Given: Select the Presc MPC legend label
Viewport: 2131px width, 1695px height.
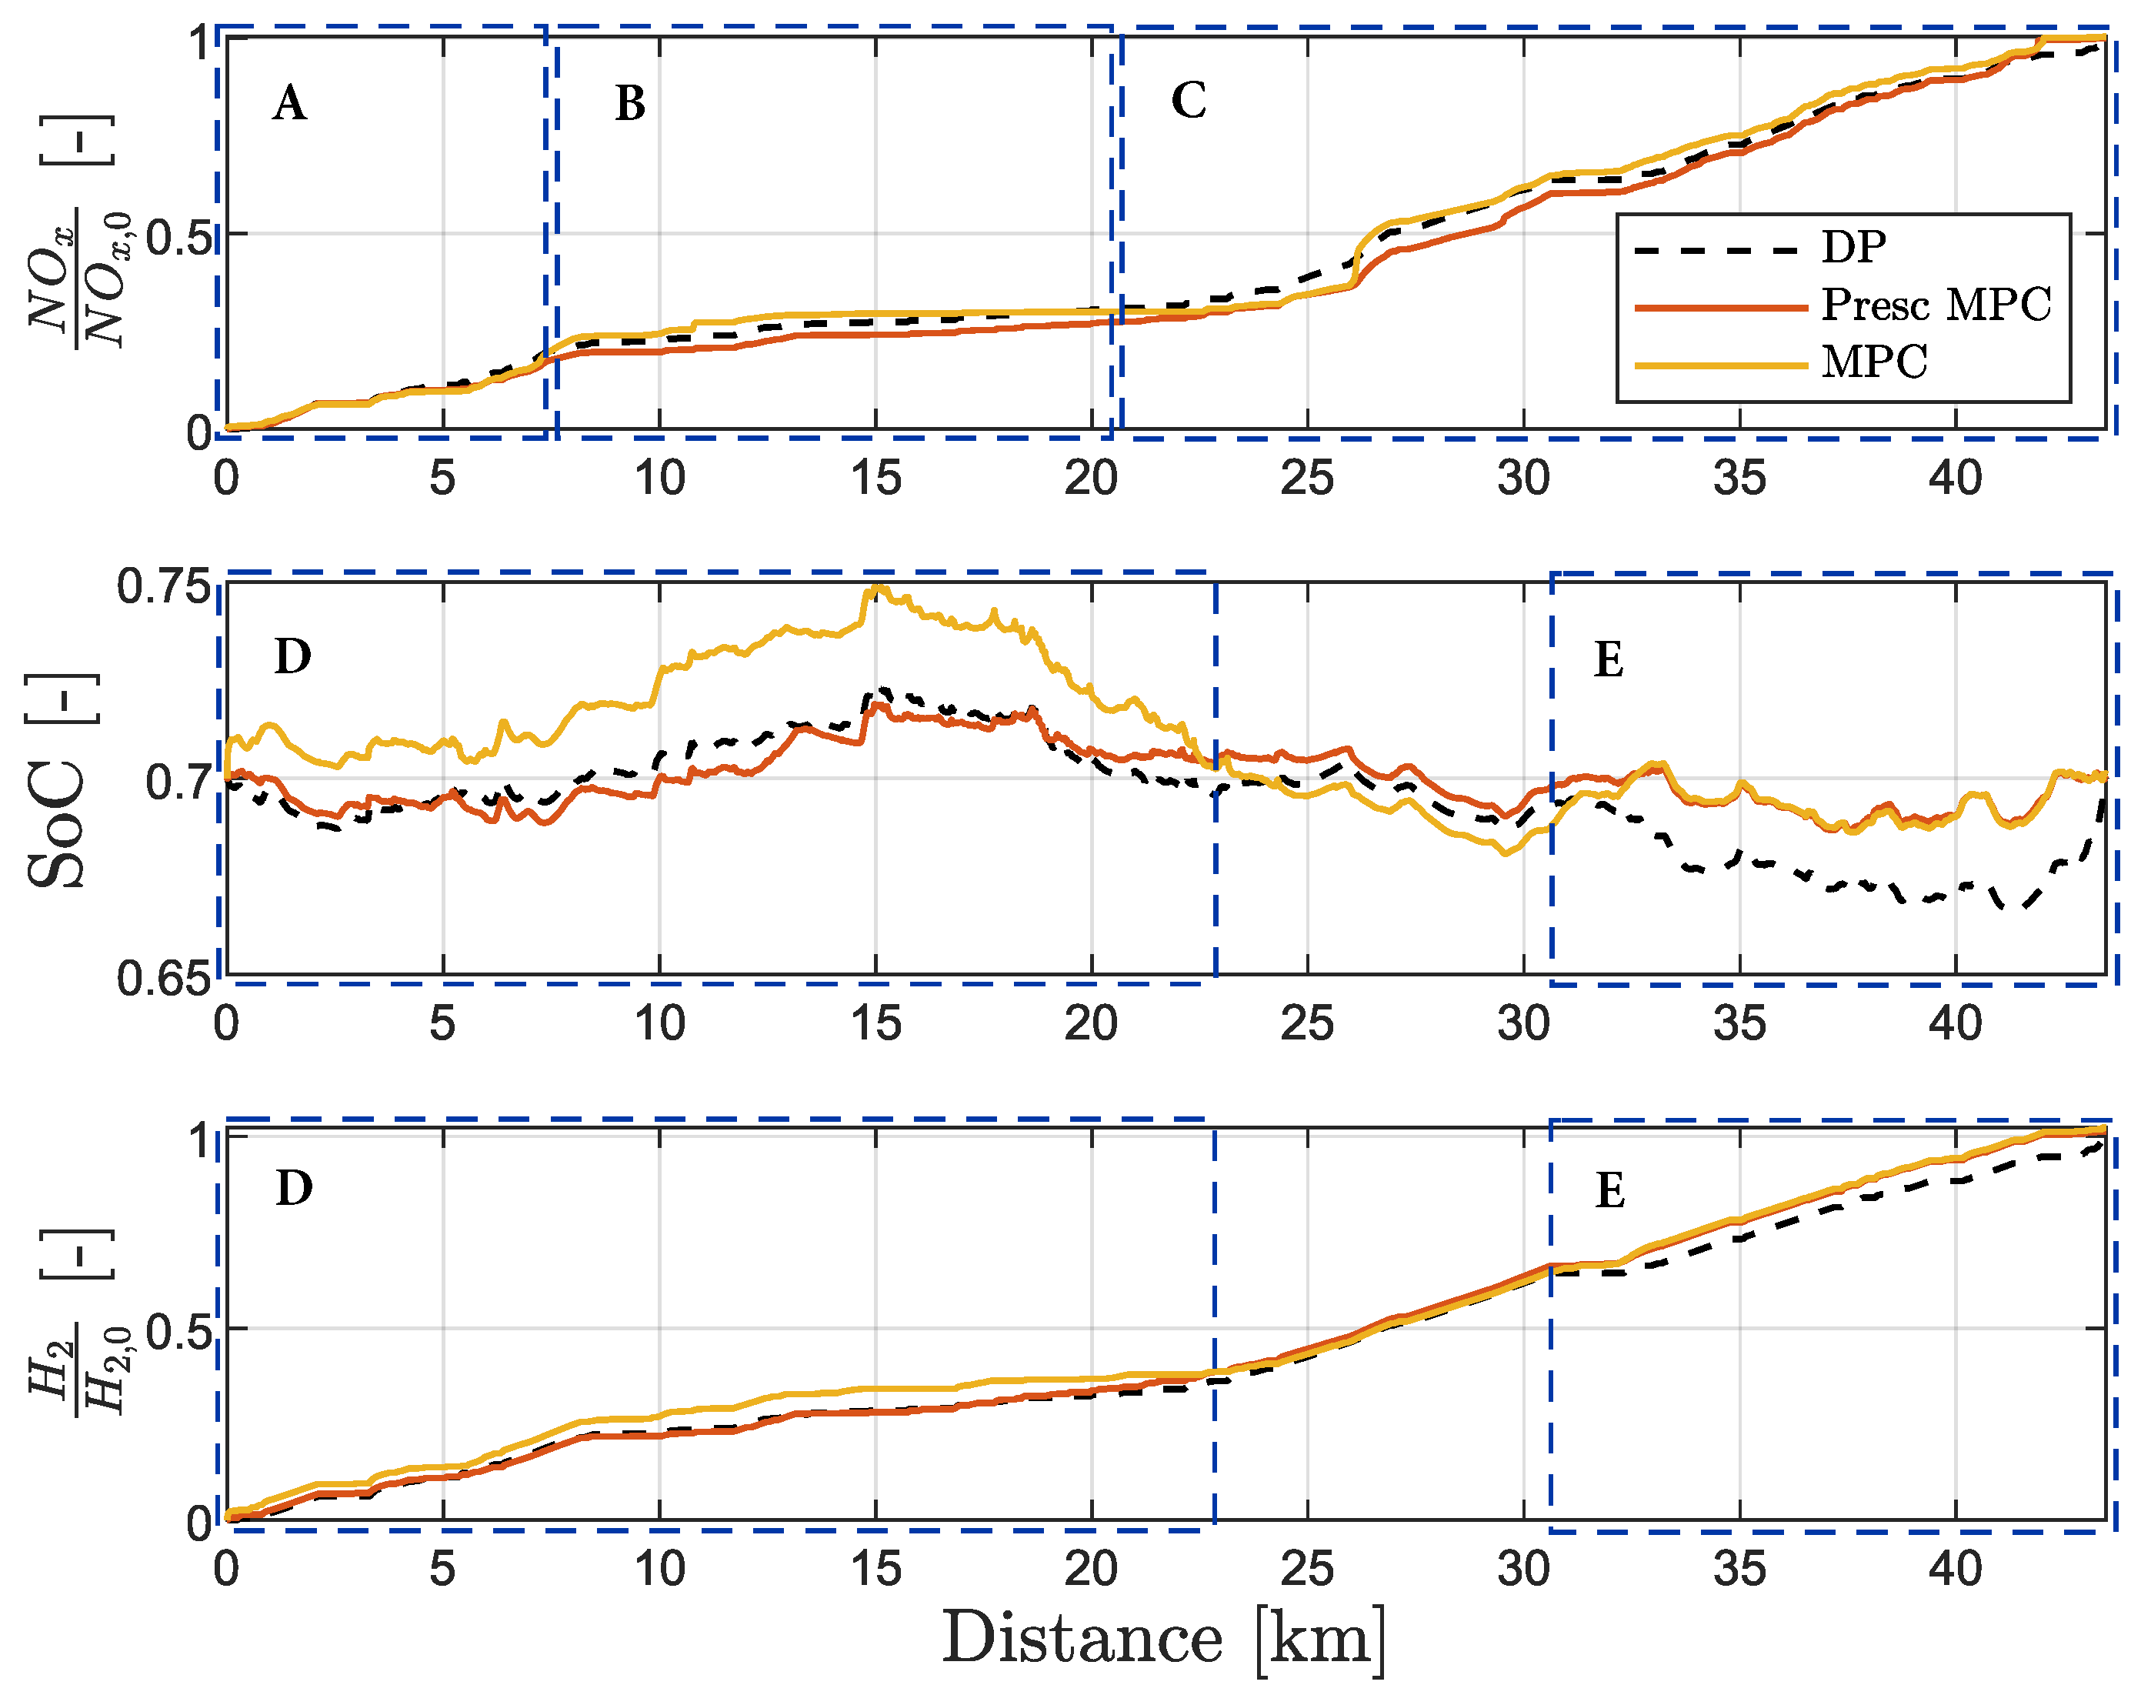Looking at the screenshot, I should [1936, 305].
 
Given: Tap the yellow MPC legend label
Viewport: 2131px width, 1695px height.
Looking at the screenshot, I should [1873, 362].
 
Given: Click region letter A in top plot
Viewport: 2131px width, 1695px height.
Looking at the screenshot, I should [288, 104].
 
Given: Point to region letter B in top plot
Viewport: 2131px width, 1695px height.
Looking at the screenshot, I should [629, 104].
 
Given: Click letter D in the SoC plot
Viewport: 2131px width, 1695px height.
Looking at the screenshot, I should [292, 657].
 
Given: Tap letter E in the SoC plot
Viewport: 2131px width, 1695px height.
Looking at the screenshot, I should [1608, 660].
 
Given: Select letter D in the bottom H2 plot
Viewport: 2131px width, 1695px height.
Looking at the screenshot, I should [294, 1189].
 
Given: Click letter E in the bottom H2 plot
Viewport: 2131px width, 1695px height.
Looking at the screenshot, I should [1610, 1192].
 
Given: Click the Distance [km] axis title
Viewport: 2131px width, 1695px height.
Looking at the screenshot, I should [1162, 1640].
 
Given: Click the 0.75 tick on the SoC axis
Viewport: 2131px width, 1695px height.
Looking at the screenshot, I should [164, 587].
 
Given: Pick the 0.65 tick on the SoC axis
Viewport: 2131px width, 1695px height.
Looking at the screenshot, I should [164, 979].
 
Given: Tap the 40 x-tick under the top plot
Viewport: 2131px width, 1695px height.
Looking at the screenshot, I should [1954, 479].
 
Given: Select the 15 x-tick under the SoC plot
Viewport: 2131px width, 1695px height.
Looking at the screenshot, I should [875, 1024].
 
